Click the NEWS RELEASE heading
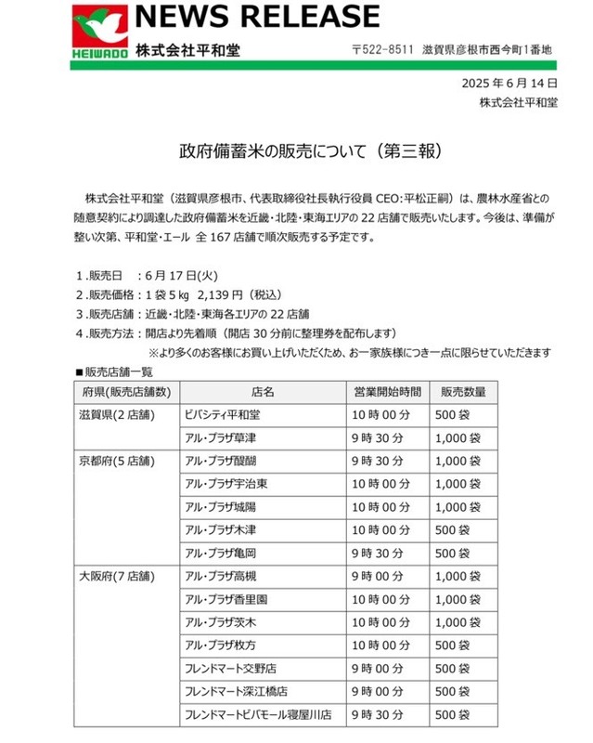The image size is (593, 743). [x=257, y=17]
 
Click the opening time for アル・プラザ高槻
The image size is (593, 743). [x=376, y=576]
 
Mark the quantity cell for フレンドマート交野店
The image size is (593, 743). [x=456, y=669]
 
